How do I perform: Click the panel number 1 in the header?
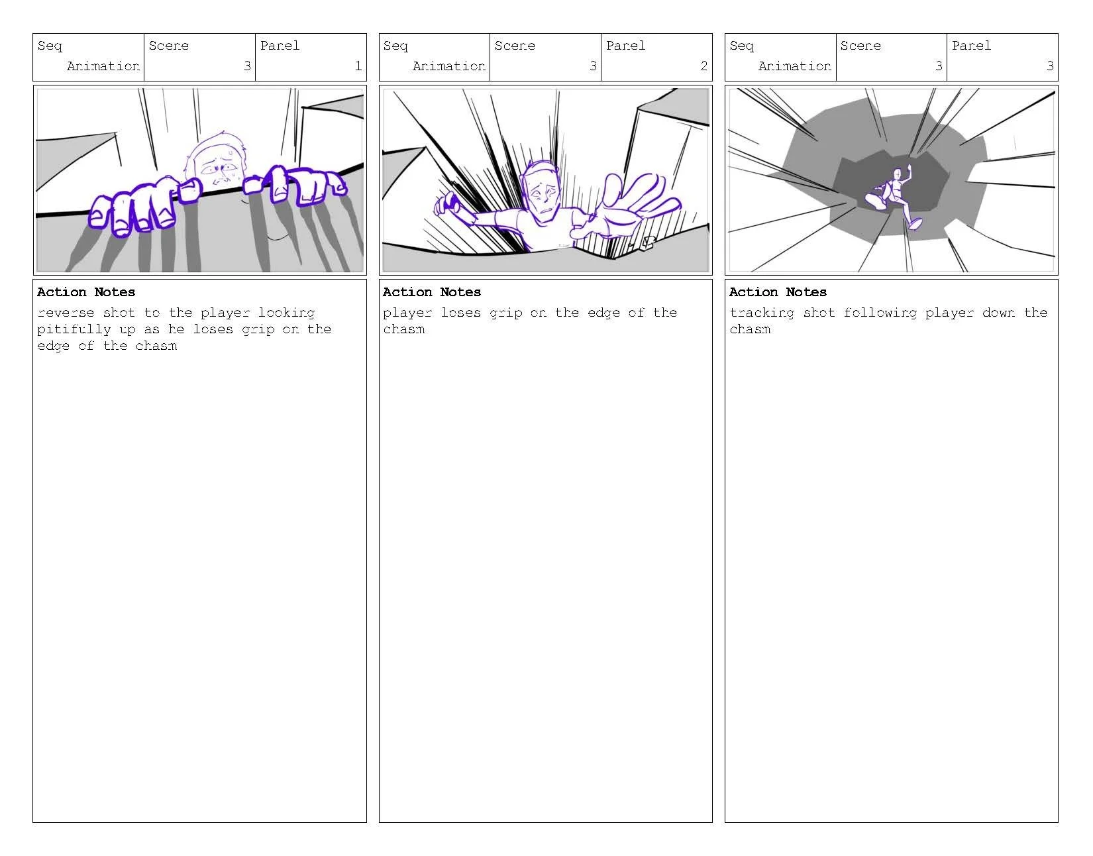[x=358, y=66]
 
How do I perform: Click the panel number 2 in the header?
[x=703, y=66]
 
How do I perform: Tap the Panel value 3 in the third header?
[x=1049, y=66]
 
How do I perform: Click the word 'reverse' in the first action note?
[x=66, y=313]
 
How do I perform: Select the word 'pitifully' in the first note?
[x=74, y=329]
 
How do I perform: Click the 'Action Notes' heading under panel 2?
[x=432, y=292]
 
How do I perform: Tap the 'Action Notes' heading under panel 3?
[x=778, y=292]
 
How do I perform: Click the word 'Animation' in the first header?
[x=103, y=66]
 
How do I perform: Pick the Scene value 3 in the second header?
[x=593, y=66]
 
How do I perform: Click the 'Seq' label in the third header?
[x=741, y=46]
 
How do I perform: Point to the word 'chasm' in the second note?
[x=403, y=329]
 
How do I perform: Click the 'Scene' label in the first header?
[x=168, y=46]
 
